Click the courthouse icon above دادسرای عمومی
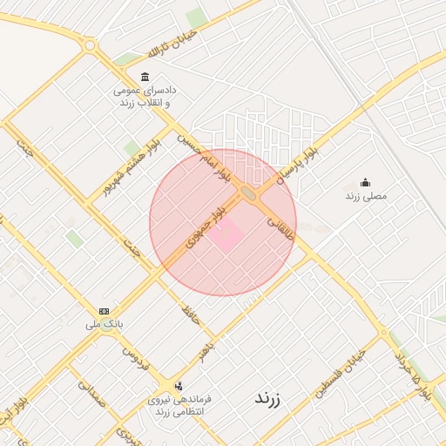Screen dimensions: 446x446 pyautogui.click(x=144, y=78)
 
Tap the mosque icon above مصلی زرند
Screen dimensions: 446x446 pyautogui.click(x=365, y=182)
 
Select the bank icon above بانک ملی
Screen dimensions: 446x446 pyautogui.click(x=105, y=311)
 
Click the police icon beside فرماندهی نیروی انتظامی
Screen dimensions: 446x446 pyautogui.click(x=179, y=385)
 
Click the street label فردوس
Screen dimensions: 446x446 pyautogui.click(x=136, y=354)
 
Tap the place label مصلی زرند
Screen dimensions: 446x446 pyautogui.click(x=366, y=196)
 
